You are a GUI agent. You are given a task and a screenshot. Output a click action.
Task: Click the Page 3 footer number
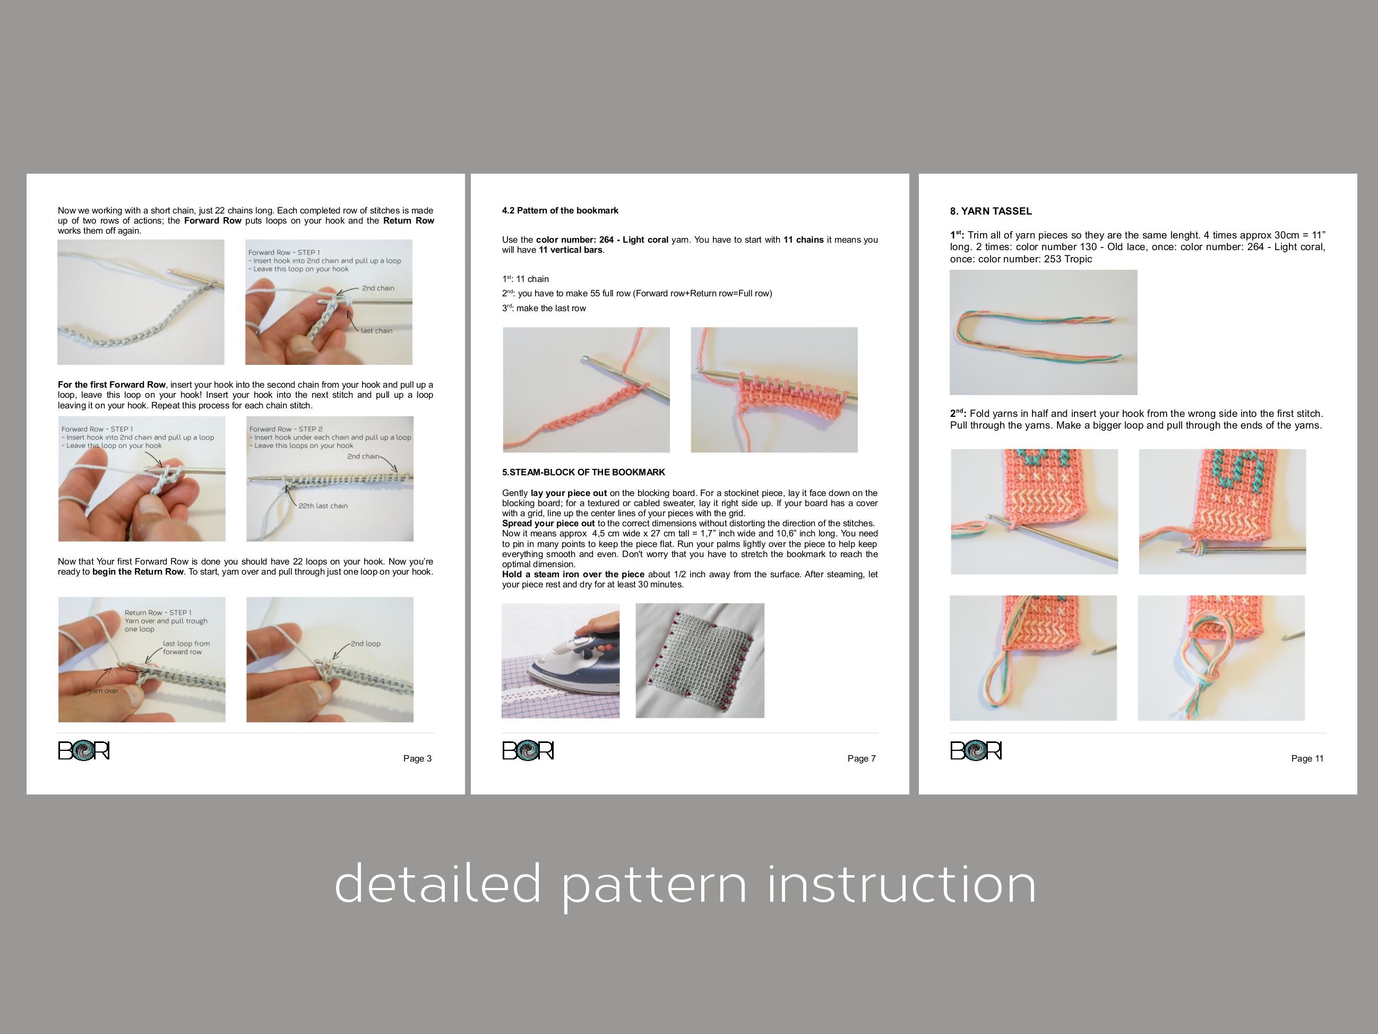417,758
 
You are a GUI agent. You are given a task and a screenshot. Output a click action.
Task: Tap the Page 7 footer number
862,758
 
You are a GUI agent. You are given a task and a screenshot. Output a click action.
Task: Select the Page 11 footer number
1307,758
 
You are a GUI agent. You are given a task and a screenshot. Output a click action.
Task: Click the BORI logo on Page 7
528,750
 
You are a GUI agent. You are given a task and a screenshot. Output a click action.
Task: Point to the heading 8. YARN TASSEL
991,211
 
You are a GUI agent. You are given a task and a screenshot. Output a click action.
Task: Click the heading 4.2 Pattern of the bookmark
560,211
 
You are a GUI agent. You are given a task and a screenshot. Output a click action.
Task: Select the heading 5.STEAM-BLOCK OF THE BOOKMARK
583,473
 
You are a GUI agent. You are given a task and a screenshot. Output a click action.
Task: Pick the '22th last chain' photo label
323,506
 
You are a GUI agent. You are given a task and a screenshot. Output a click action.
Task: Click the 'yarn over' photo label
104,690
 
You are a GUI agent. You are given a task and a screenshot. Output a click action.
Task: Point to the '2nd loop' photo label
365,644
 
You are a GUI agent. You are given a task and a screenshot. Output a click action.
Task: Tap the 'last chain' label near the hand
376,331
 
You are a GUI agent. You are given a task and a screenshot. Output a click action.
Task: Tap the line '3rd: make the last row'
544,309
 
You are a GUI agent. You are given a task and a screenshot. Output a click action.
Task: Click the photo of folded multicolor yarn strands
1043,332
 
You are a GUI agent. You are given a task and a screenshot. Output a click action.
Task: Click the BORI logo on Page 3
83,750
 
